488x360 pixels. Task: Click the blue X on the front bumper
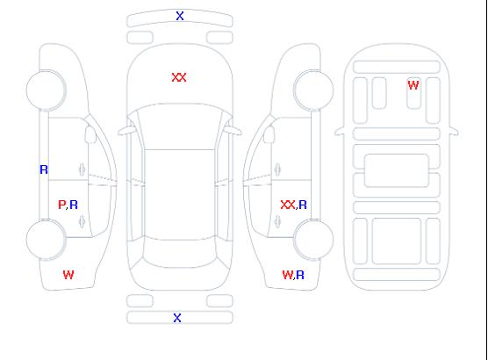tap(180, 16)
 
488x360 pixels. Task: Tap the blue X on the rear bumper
tap(177, 318)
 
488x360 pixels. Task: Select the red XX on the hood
tap(179, 77)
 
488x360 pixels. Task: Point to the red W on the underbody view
tap(413, 84)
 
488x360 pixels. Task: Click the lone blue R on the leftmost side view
tap(44, 169)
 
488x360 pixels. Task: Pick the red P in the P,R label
tap(61, 205)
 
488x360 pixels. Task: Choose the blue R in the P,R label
tap(74, 205)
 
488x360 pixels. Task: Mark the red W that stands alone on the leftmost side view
tap(68, 275)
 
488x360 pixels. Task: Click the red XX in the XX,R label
tap(288, 205)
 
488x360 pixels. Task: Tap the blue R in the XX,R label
tap(303, 205)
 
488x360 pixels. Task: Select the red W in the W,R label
tap(288, 275)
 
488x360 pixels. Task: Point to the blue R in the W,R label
tap(300, 275)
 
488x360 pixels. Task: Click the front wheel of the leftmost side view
tap(46, 90)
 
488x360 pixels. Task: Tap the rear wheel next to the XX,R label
tap(313, 240)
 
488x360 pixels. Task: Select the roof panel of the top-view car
tap(180, 195)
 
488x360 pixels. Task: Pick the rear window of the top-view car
tap(180, 253)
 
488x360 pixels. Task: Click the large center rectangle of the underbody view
tap(397, 170)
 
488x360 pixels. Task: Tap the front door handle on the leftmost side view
tap(82, 169)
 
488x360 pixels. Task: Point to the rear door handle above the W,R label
tap(277, 221)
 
